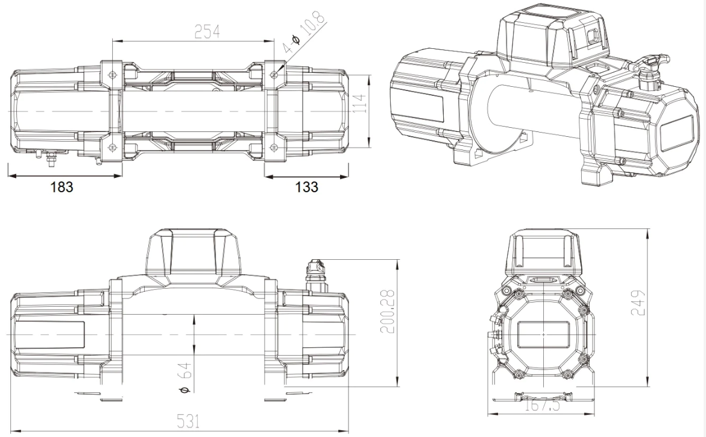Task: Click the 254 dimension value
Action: tap(207, 31)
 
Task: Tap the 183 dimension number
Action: tap(61, 187)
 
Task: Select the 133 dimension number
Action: tap(307, 187)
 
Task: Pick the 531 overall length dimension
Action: tap(187, 422)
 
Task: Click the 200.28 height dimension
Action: tap(388, 311)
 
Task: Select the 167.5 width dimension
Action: tap(543, 405)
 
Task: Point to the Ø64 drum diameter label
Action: tap(185, 378)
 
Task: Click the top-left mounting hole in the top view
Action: tap(112, 74)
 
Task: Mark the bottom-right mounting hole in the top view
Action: tap(274, 148)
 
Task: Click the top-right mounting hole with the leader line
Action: tap(274, 74)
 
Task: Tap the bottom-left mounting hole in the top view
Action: tap(112, 147)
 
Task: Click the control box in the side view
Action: tap(192, 257)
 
